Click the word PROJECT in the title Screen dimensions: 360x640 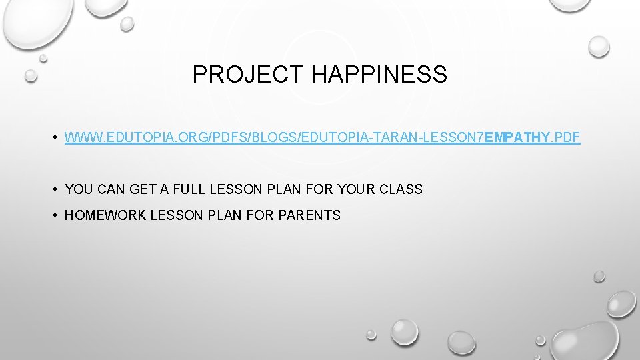[248, 75]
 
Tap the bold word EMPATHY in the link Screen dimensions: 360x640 [518, 138]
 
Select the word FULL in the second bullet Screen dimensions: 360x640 [190, 189]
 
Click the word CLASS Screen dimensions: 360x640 [401, 189]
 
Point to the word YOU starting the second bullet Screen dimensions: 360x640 [79, 189]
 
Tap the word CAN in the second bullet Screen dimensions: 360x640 [111, 189]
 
